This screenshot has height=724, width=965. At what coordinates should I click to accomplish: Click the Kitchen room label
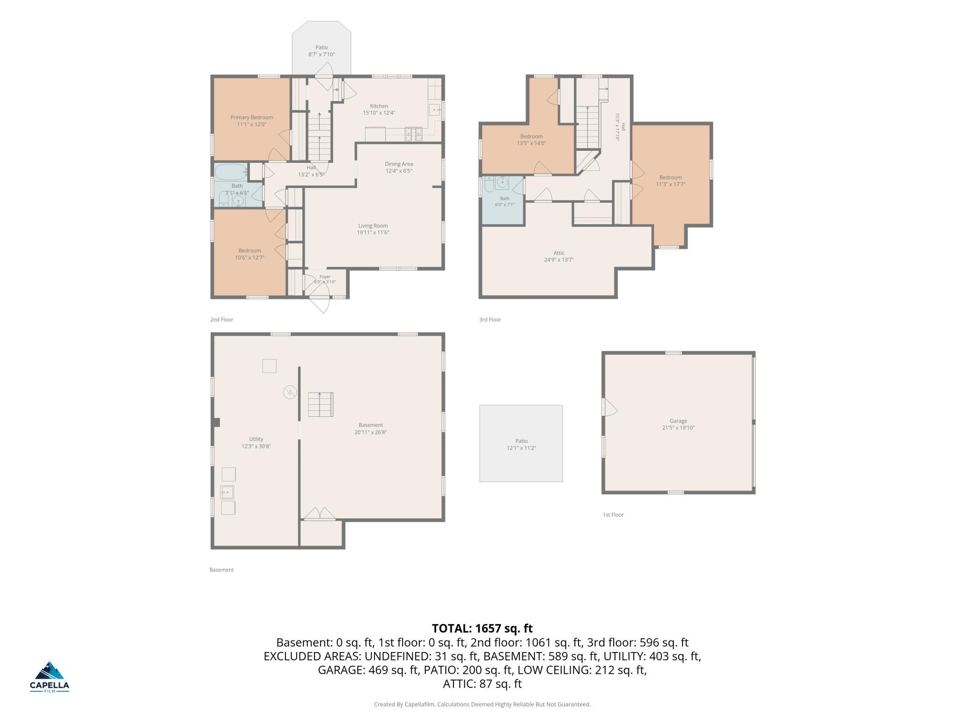click(x=379, y=106)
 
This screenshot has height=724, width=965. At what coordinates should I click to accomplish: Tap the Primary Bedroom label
click(x=252, y=117)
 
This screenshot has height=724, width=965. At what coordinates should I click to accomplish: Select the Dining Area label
click(x=399, y=164)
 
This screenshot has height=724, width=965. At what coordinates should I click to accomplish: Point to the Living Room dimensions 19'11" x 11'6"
click(x=373, y=233)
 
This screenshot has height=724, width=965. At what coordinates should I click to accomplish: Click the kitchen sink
click(x=435, y=110)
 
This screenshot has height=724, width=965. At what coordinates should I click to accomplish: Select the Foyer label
click(x=325, y=277)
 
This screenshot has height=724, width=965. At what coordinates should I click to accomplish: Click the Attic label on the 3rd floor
click(x=559, y=253)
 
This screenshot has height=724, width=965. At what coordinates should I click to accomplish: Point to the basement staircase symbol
click(x=321, y=405)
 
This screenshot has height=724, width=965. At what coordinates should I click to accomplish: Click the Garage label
click(x=678, y=421)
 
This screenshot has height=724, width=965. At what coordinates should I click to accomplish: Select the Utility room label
click(x=256, y=439)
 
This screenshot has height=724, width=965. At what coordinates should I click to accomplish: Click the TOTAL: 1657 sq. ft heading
click(x=482, y=628)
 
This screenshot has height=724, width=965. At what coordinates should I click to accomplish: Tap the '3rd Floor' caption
click(x=490, y=319)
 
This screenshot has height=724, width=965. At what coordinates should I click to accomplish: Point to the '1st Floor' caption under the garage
click(x=613, y=515)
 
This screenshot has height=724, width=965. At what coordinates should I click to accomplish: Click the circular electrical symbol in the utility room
click(x=289, y=393)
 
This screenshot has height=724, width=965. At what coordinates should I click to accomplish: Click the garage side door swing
click(x=610, y=407)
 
